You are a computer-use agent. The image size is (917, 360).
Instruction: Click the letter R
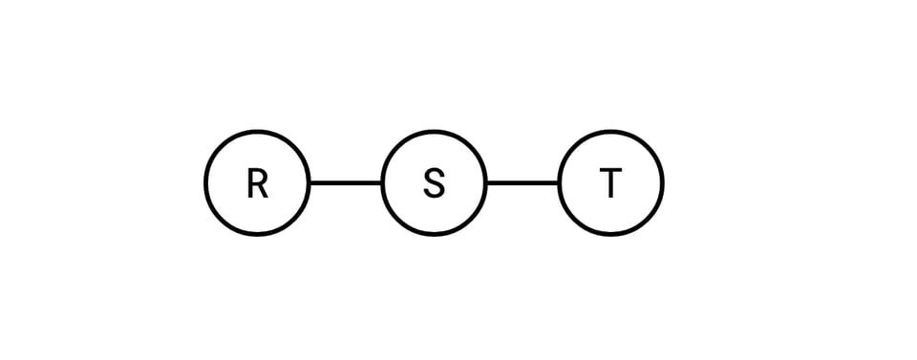click(x=257, y=182)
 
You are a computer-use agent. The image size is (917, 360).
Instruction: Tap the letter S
click(x=435, y=182)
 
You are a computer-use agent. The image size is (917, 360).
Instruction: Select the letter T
click(x=611, y=182)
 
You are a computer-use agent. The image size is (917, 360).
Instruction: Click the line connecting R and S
click(x=346, y=182)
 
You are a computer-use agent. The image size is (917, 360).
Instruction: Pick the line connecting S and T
click(x=522, y=182)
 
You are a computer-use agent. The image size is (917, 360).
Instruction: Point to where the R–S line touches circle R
click(x=309, y=182)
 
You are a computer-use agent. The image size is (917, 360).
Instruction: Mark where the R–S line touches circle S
click(x=382, y=182)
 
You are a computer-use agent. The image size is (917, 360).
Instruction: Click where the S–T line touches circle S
click(x=486, y=182)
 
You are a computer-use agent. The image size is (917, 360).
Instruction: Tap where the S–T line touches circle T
click(x=560, y=182)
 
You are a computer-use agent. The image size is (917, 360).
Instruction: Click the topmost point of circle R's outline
click(x=257, y=132)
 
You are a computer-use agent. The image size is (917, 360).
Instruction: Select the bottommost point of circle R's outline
click(x=257, y=233)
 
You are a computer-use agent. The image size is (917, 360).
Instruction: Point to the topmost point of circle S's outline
click(x=435, y=132)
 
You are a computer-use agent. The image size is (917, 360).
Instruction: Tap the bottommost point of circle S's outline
click(x=435, y=233)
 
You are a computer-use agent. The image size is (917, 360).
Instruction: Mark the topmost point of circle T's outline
click(x=611, y=132)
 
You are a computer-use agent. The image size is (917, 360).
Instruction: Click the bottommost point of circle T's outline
click(x=611, y=233)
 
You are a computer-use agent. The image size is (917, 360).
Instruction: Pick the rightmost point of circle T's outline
click(x=662, y=182)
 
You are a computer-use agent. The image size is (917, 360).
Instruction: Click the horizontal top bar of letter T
click(x=611, y=171)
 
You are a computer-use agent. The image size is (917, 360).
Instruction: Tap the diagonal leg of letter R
click(x=262, y=190)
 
